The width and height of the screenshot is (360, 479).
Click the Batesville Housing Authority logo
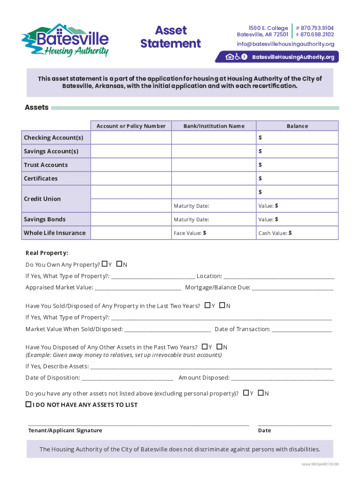65,40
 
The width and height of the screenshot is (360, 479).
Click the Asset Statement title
171,37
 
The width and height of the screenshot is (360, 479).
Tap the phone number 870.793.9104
317,28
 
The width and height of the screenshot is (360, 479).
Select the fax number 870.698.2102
317,35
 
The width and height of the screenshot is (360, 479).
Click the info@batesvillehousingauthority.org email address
285,44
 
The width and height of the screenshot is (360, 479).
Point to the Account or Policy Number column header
131,126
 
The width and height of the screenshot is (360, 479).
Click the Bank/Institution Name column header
214,126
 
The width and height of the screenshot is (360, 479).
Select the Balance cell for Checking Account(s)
297,138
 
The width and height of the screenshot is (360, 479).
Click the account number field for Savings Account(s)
131,151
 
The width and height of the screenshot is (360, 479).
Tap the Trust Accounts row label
46,165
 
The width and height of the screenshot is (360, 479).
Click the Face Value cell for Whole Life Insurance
214,233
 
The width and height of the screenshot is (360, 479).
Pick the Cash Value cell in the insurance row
297,233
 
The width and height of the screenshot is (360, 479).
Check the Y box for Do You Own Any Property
104,264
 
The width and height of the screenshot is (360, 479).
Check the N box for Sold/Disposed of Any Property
222,305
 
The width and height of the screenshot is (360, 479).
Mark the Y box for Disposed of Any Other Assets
205,347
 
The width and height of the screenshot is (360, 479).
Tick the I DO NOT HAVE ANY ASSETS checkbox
29,404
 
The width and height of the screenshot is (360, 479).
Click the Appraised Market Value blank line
138,288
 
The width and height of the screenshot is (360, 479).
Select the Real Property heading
47,253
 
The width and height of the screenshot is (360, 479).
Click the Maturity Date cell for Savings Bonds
214,219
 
